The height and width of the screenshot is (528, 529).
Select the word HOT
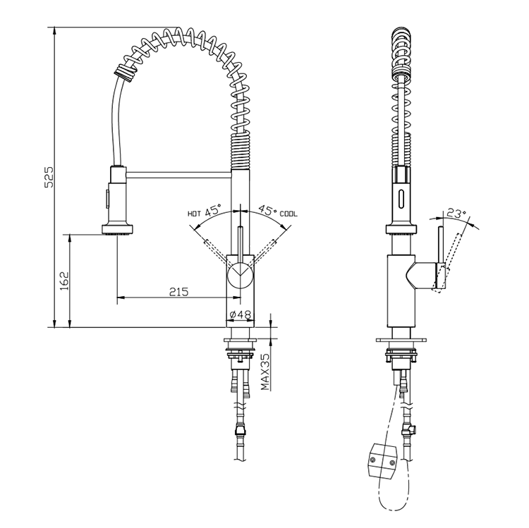(x=194, y=212)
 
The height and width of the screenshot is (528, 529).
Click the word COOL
(x=289, y=212)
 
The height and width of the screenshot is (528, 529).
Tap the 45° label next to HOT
(x=214, y=209)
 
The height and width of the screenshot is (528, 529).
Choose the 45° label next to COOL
(x=266, y=209)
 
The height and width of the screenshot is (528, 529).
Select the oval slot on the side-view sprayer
(x=401, y=197)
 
